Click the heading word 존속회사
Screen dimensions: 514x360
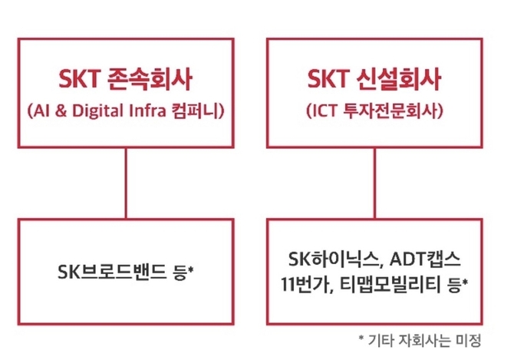coord(150,79)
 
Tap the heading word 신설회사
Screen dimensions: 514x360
coord(399,79)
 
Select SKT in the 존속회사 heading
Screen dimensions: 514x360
coord(79,79)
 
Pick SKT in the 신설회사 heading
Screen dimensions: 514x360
coord(328,79)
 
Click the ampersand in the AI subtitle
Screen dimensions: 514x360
coord(61,111)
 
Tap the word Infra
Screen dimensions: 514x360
coord(147,111)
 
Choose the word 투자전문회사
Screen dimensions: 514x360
coord(390,111)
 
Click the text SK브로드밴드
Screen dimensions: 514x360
coord(112,272)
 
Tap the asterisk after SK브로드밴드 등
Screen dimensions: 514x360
coord(191,269)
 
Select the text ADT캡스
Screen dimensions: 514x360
coord(426,259)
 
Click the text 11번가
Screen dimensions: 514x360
coord(305,284)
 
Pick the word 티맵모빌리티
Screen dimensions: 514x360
coord(390,284)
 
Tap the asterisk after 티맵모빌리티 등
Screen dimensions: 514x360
coord(465,282)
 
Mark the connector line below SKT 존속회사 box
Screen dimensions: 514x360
coord(126,183)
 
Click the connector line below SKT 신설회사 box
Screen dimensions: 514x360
coord(374,183)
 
